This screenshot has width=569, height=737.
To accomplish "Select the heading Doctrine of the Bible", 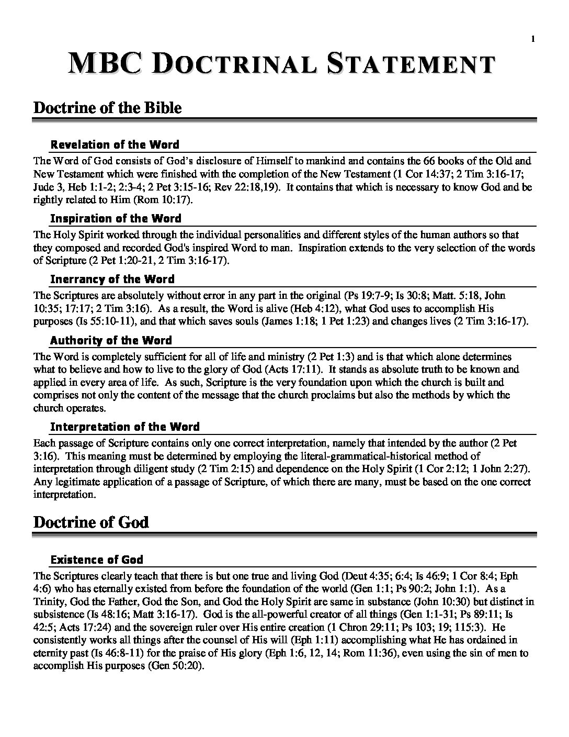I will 107,108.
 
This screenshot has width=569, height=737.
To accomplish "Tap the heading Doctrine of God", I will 91,522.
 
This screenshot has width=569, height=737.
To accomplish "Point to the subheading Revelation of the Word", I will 115,144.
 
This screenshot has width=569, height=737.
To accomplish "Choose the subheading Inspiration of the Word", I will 116,218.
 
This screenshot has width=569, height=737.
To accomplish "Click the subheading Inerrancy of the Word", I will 112,279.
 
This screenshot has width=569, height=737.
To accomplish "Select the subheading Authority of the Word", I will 111,340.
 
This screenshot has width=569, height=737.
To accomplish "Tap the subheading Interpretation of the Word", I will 124,427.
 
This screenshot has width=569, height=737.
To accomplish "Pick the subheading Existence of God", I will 97,560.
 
